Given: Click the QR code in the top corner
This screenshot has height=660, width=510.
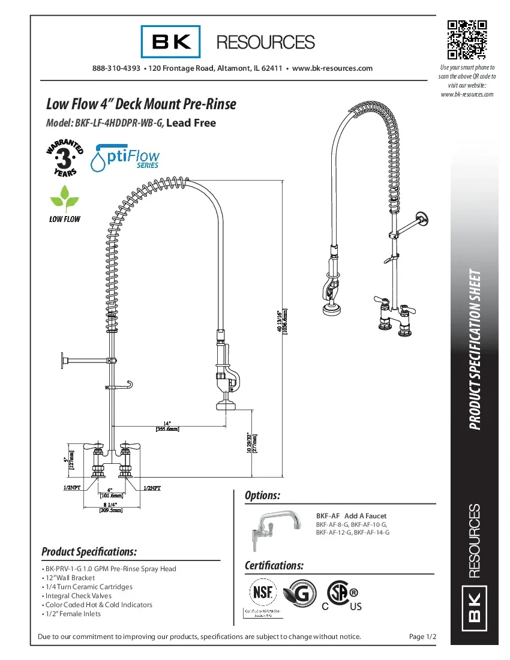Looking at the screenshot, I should point(466,40).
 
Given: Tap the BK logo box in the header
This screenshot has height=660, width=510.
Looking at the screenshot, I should point(171,41).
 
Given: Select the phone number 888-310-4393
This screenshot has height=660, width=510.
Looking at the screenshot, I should point(116,68).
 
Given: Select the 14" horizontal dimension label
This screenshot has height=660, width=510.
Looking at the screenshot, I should point(167,426).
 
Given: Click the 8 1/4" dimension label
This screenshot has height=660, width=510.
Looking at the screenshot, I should point(110,506).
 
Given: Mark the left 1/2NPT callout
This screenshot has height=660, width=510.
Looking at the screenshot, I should point(73,488).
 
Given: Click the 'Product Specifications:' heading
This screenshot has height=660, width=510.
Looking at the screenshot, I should point(89,551).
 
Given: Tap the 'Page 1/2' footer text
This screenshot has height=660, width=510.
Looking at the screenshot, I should point(421,637).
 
